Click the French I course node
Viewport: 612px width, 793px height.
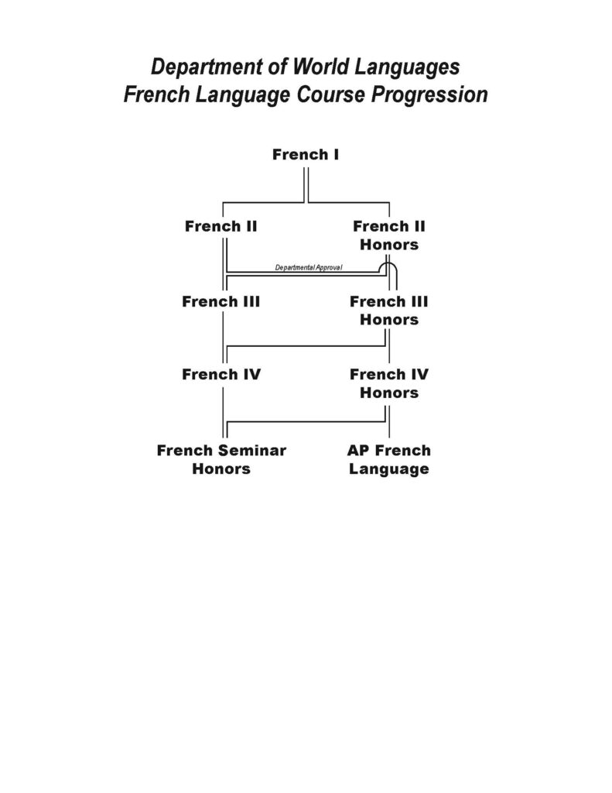(x=306, y=154)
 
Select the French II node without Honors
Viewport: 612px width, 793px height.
(x=221, y=226)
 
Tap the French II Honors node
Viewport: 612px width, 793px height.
(x=389, y=235)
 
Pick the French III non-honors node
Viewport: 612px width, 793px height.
(x=221, y=301)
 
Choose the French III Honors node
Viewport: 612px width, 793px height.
(x=389, y=311)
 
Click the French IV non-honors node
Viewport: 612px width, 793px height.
(x=221, y=374)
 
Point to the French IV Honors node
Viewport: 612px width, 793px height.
(x=389, y=383)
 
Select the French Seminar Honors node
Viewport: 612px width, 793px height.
(x=221, y=459)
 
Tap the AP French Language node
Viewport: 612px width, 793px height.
(x=389, y=459)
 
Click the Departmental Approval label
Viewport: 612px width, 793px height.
(x=308, y=267)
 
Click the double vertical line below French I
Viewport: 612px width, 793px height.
(x=306, y=185)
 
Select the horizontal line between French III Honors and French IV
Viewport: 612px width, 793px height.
(x=306, y=346)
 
